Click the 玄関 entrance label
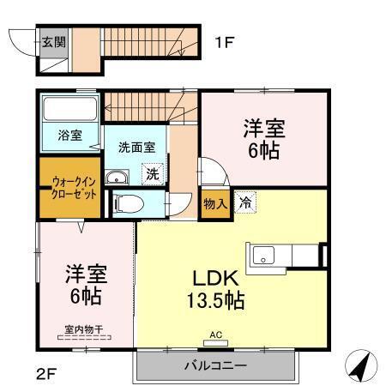pyautogui.click(x=52, y=40)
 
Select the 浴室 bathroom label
pyautogui.click(x=70, y=136)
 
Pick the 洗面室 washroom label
pyautogui.click(x=135, y=147)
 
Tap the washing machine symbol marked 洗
pyautogui.click(x=151, y=173)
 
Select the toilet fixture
pyautogui.click(x=125, y=204)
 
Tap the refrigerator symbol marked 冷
pyautogui.click(x=244, y=204)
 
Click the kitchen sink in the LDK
pyautogui.click(x=262, y=255)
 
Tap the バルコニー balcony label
pyautogui.click(x=215, y=366)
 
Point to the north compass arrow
pyautogui.click(x=362, y=366)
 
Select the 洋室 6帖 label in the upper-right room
pyautogui.click(x=264, y=138)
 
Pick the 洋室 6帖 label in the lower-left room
pyautogui.click(x=84, y=286)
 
